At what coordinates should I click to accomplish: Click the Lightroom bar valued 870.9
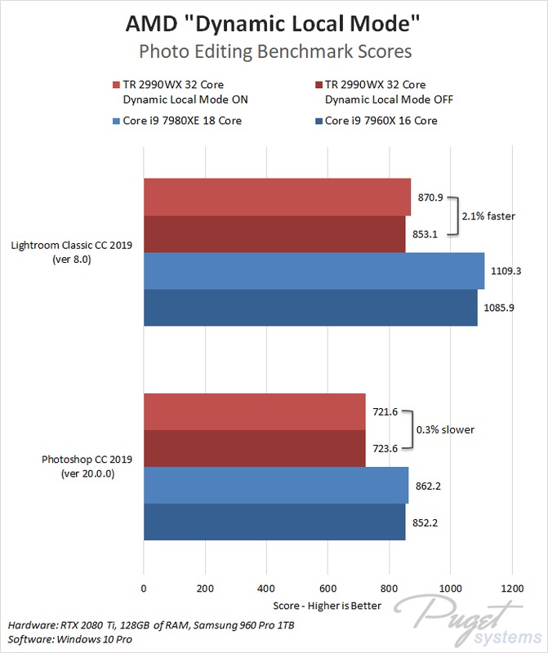tap(277, 198)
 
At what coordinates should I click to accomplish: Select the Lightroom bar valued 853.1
tap(274, 234)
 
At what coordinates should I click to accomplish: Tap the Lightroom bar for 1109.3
tap(314, 271)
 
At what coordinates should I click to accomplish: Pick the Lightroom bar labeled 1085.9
tap(310, 308)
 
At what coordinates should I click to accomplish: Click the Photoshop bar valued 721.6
tap(255, 411)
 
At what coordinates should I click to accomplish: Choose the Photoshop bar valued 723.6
tap(255, 448)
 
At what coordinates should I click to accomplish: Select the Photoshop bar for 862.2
tap(276, 485)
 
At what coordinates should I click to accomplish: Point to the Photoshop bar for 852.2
tap(274, 522)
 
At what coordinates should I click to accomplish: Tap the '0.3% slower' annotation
tap(446, 429)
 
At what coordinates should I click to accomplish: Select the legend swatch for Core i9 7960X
tap(318, 122)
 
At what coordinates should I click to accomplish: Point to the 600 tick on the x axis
tap(328, 587)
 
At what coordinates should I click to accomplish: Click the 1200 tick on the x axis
tap(512, 587)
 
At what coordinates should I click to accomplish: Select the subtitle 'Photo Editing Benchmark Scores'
tap(274, 51)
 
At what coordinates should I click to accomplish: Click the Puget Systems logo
tap(470, 618)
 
